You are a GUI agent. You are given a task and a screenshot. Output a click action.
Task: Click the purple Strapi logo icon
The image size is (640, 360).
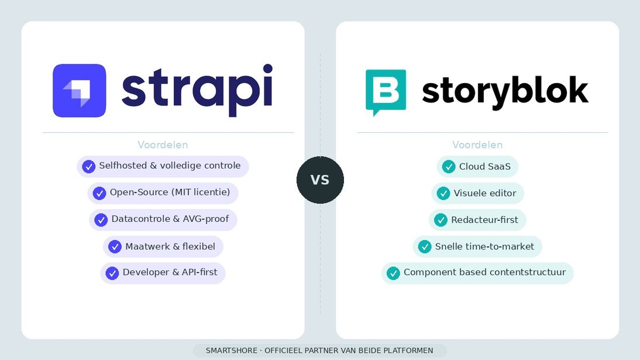coord(79,91)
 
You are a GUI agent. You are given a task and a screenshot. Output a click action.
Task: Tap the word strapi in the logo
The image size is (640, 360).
coord(197,90)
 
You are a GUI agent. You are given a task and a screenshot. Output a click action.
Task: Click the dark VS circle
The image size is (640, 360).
coord(320,180)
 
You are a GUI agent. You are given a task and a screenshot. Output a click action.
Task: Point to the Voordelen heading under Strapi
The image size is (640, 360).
coord(163,145)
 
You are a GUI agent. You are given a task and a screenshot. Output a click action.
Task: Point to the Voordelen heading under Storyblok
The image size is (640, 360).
coord(477,145)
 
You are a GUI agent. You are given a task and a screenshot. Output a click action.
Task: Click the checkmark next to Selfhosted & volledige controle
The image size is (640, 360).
coord(89,167)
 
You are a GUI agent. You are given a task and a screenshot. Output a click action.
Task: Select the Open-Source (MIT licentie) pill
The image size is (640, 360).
coord(163,193)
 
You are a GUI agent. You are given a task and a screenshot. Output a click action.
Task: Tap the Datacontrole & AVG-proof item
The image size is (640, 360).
coord(163,220)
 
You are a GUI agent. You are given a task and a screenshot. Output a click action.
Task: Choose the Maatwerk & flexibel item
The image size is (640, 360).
coord(163,246)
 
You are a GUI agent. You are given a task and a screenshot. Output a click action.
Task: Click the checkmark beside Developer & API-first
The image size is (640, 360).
coord(112,273)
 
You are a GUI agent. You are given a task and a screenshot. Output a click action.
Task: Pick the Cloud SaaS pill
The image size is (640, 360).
coord(477,167)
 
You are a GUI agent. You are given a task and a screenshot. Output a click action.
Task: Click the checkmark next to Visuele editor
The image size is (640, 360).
coord(443,194)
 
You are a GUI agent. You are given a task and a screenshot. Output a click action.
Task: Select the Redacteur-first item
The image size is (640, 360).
coord(477,220)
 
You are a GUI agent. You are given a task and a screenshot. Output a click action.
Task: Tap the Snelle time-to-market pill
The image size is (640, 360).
coord(477,246)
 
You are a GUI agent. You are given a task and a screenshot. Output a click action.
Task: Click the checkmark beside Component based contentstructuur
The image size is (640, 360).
coord(393,273)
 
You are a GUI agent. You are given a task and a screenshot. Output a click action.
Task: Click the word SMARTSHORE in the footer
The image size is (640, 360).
coord(231,351)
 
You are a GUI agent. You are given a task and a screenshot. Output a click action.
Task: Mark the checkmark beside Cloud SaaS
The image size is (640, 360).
coord(449,167)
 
